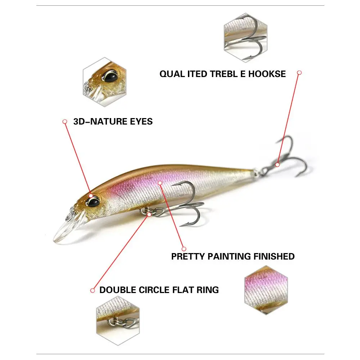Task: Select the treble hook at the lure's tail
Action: [x=288, y=158]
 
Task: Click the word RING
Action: [x=207, y=289]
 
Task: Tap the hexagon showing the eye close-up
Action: [x=105, y=82]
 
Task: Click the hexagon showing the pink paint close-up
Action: [x=266, y=290]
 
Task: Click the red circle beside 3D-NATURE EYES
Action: [x=65, y=122]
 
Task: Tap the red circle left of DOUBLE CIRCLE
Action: [x=93, y=290]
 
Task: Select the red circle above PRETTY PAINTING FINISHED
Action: [x=184, y=249]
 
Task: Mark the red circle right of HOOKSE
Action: [x=299, y=72]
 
